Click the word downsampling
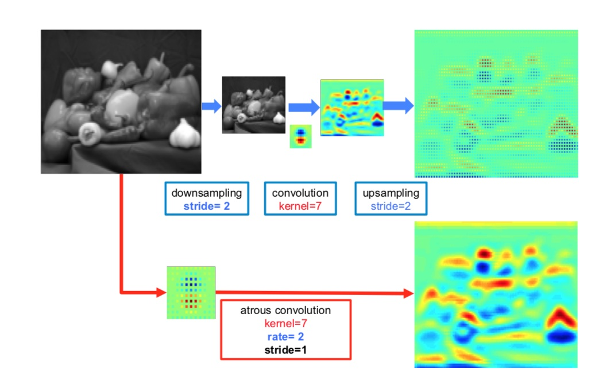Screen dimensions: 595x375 coord(206,193)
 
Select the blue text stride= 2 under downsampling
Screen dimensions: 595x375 coord(206,205)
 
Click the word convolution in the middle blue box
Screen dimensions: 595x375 coord(300,193)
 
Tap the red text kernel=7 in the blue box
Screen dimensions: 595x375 coord(300,205)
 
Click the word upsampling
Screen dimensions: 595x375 coord(391,193)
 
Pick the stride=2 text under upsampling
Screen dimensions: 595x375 coord(391,205)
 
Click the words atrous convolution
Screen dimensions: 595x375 coord(285,311)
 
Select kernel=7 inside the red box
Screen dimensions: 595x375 coord(285,323)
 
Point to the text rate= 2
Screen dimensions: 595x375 coord(285,336)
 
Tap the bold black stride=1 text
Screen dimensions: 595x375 coord(285,349)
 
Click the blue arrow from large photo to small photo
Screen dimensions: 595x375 coord(211,106)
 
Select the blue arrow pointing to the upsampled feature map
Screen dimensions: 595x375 coord(399,106)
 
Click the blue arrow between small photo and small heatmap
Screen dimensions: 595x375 coord(303,106)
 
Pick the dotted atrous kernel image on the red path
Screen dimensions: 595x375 coord(191,292)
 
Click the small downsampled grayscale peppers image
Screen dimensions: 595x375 coord(253,105)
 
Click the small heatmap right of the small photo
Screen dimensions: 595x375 coord(351,108)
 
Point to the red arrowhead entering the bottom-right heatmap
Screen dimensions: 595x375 coord(409,294)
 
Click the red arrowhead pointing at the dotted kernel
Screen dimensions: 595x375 coord(161,293)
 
